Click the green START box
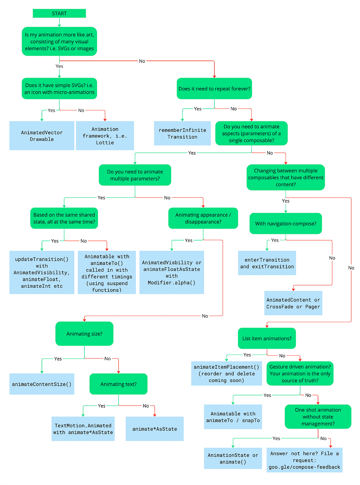59,13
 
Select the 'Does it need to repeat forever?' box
214,88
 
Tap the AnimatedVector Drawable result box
42,135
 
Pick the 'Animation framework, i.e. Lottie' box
105,135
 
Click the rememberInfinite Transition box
182,133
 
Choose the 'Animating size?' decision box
84,333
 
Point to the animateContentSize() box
42,384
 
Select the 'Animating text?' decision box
118,384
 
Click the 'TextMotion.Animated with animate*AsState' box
83,428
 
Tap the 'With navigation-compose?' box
285,223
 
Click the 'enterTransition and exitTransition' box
267,263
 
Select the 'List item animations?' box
267,338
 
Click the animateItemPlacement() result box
226,373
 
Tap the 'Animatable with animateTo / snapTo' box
233,416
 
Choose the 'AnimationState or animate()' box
233,458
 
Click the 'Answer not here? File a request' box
304,460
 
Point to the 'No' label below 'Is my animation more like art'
142,61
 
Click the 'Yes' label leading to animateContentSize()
58,358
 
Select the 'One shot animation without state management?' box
317,416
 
